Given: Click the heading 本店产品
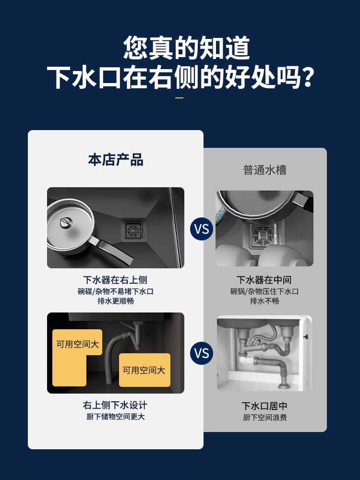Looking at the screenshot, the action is pyautogui.click(x=116, y=160).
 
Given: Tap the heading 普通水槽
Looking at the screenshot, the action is pyautogui.click(x=265, y=170).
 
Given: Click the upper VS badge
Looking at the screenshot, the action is pyautogui.click(x=202, y=229).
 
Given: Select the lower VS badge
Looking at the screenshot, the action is pyautogui.click(x=202, y=353).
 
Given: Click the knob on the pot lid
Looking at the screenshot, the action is pyautogui.click(x=66, y=222).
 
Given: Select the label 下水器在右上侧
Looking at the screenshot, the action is pyautogui.click(x=115, y=280).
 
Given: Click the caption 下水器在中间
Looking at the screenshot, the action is pyautogui.click(x=264, y=280).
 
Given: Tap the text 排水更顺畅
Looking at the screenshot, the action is pyautogui.click(x=116, y=301).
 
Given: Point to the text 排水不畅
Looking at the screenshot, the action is pyautogui.click(x=264, y=301).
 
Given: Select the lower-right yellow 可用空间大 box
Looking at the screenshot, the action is pyautogui.click(x=144, y=370).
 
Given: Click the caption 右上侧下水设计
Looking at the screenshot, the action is pyautogui.click(x=115, y=405).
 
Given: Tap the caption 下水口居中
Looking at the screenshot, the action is pyautogui.click(x=264, y=406).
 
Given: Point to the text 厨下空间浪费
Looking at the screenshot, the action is pyautogui.click(x=265, y=417).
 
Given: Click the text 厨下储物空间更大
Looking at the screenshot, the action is pyautogui.click(x=115, y=416).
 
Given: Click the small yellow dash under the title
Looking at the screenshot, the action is pyautogui.click(x=180, y=98).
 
